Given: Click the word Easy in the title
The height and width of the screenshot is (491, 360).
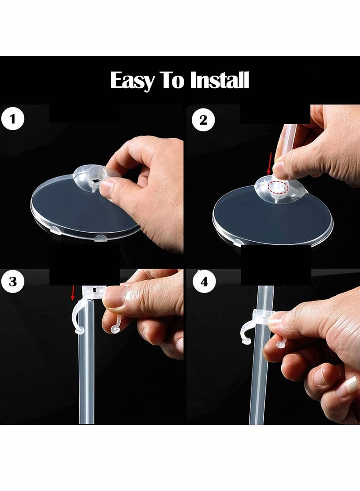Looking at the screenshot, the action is click(132, 81).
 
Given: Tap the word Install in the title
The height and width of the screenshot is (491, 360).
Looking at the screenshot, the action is click(220, 80).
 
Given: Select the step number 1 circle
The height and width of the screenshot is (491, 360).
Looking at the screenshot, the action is click(12, 119).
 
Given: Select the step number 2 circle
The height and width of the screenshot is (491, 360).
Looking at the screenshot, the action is click(203, 120).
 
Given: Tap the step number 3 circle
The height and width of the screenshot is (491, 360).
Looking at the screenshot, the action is click(13, 282).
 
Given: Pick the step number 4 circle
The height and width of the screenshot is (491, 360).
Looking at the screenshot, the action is click(204, 282).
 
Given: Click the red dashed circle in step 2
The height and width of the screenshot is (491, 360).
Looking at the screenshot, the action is click(278, 188).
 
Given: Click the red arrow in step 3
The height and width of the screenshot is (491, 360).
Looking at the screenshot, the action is click(72, 293).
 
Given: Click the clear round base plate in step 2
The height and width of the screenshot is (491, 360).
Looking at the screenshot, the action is click(272, 216).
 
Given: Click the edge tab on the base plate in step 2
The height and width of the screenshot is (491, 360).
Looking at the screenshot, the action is click(238, 243).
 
